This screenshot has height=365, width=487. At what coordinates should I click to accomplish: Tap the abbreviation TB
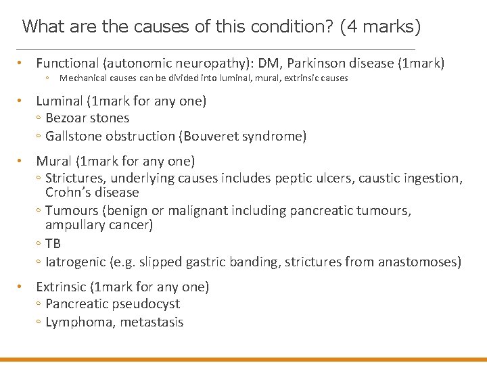point(53,243)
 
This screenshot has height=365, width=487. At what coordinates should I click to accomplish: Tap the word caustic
point(378,178)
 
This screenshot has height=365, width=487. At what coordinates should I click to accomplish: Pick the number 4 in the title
point(352,27)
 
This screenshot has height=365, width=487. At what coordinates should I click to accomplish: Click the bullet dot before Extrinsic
point(22,287)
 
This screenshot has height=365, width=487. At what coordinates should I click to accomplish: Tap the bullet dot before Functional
point(22,64)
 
